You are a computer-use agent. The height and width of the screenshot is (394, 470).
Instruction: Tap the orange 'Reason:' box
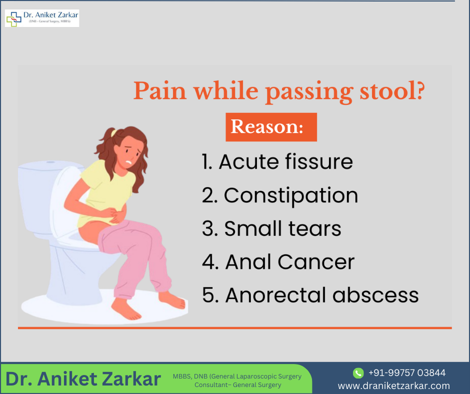(x=271, y=126)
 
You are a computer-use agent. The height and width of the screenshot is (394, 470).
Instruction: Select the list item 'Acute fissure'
(x=277, y=162)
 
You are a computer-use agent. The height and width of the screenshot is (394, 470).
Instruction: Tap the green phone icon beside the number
(x=358, y=373)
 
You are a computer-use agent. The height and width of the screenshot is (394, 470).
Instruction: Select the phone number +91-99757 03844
(x=406, y=373)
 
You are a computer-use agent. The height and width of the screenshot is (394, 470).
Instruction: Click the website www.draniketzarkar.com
(x=394, y=385)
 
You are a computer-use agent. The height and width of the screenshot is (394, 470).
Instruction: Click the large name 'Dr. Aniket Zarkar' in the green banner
(x=83, y=379)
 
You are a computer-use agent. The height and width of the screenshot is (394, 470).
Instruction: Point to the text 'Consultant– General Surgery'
(x=237, y=385)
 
